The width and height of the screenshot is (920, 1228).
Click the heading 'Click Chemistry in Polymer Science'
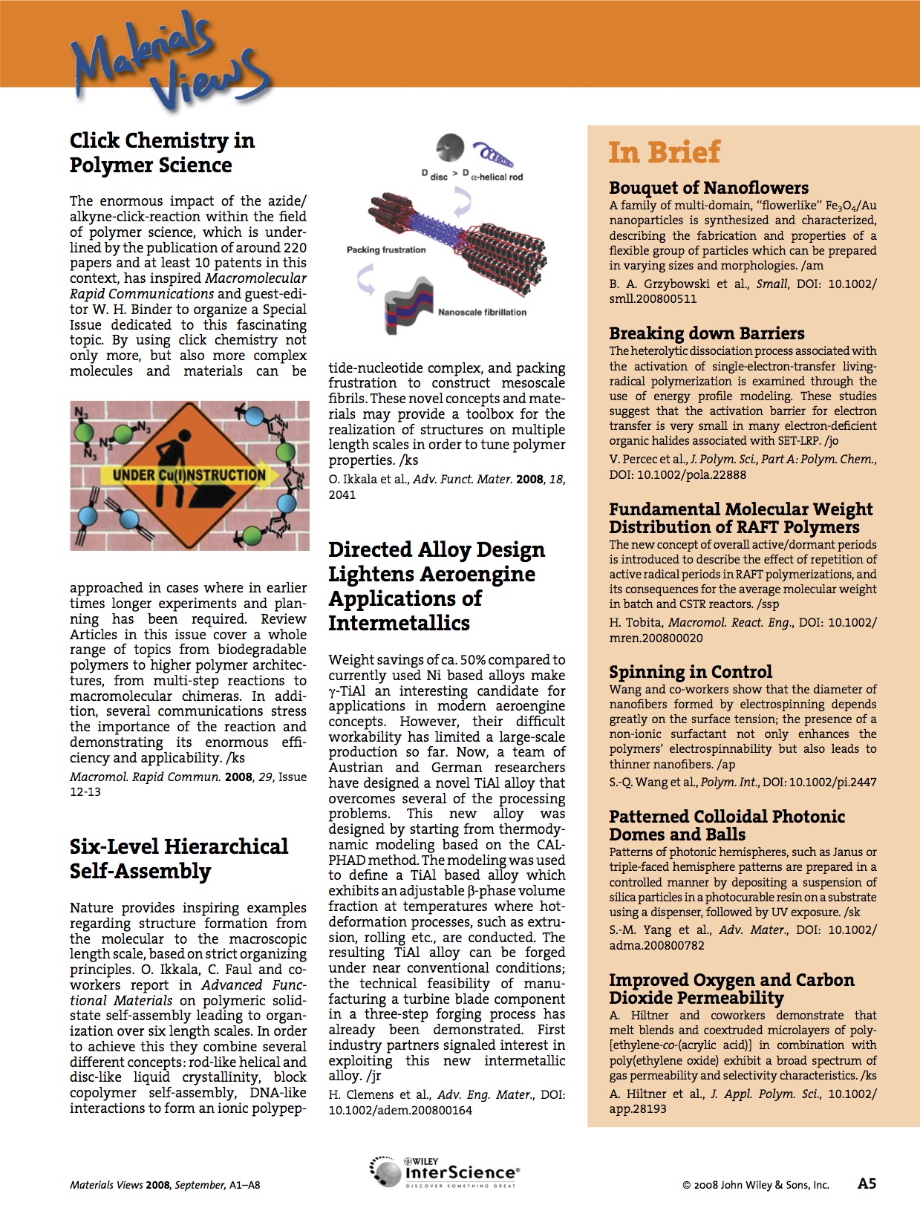pyautogui.click(x=162, y=152)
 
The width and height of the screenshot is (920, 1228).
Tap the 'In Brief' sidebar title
pyautogui.click(x=664, y=152)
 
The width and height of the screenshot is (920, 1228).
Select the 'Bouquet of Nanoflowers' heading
pyautogui.click(x=708, y=188)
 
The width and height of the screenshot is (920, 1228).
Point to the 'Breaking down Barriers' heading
pyautogui.click(x=706, y=333)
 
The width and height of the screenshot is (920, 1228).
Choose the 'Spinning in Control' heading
pyautogui.click(x=690, y=672)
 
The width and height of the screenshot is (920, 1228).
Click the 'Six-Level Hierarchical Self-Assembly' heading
pyautogui.click(x=178, y=858)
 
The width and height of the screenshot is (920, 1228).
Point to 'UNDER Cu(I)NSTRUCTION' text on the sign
pyautogui.click(x=189, y=475)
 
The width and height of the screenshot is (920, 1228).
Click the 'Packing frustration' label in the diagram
pyautogui.click(x=386, y=250)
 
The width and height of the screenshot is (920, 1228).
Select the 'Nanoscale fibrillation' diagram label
pyautogui.click(x=481, y=312)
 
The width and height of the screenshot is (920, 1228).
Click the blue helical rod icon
pyautogui.click(x=492, y=156)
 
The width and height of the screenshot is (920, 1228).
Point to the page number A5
pyautogui.click(x=867, y=1183)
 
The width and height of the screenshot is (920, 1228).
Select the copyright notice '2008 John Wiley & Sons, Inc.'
pyautogui.click(x=755, y=1185)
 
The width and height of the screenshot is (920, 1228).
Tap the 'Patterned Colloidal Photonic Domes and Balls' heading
pyautogui.click(x=726, y=825)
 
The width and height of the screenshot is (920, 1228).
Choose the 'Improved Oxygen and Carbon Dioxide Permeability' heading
pyautogui.click(x=731, y=988)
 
